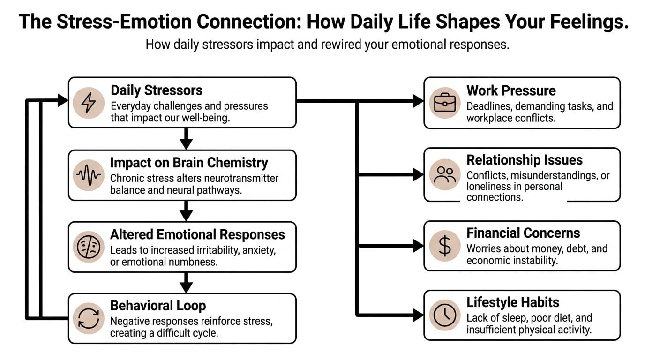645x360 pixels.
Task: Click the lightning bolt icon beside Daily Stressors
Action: click(89, 103)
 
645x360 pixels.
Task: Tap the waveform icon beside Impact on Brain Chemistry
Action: click(89, 175)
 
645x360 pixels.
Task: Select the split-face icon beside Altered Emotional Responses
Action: click(89, 247)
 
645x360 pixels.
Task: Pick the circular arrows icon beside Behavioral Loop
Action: click(89, 319)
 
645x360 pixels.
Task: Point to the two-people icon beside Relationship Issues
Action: click(444, 175)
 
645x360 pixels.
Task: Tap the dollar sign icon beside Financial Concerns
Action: click(444, 246)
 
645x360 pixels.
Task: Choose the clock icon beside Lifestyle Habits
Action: click(444, 315)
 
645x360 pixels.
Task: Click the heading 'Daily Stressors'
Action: click(157, 90)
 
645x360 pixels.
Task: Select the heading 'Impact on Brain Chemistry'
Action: click(189, 163)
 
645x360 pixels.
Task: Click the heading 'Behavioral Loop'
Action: click(158, 306)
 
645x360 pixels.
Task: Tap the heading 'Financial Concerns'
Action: click(523, 233)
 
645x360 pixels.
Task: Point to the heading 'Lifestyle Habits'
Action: click(513, 302)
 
